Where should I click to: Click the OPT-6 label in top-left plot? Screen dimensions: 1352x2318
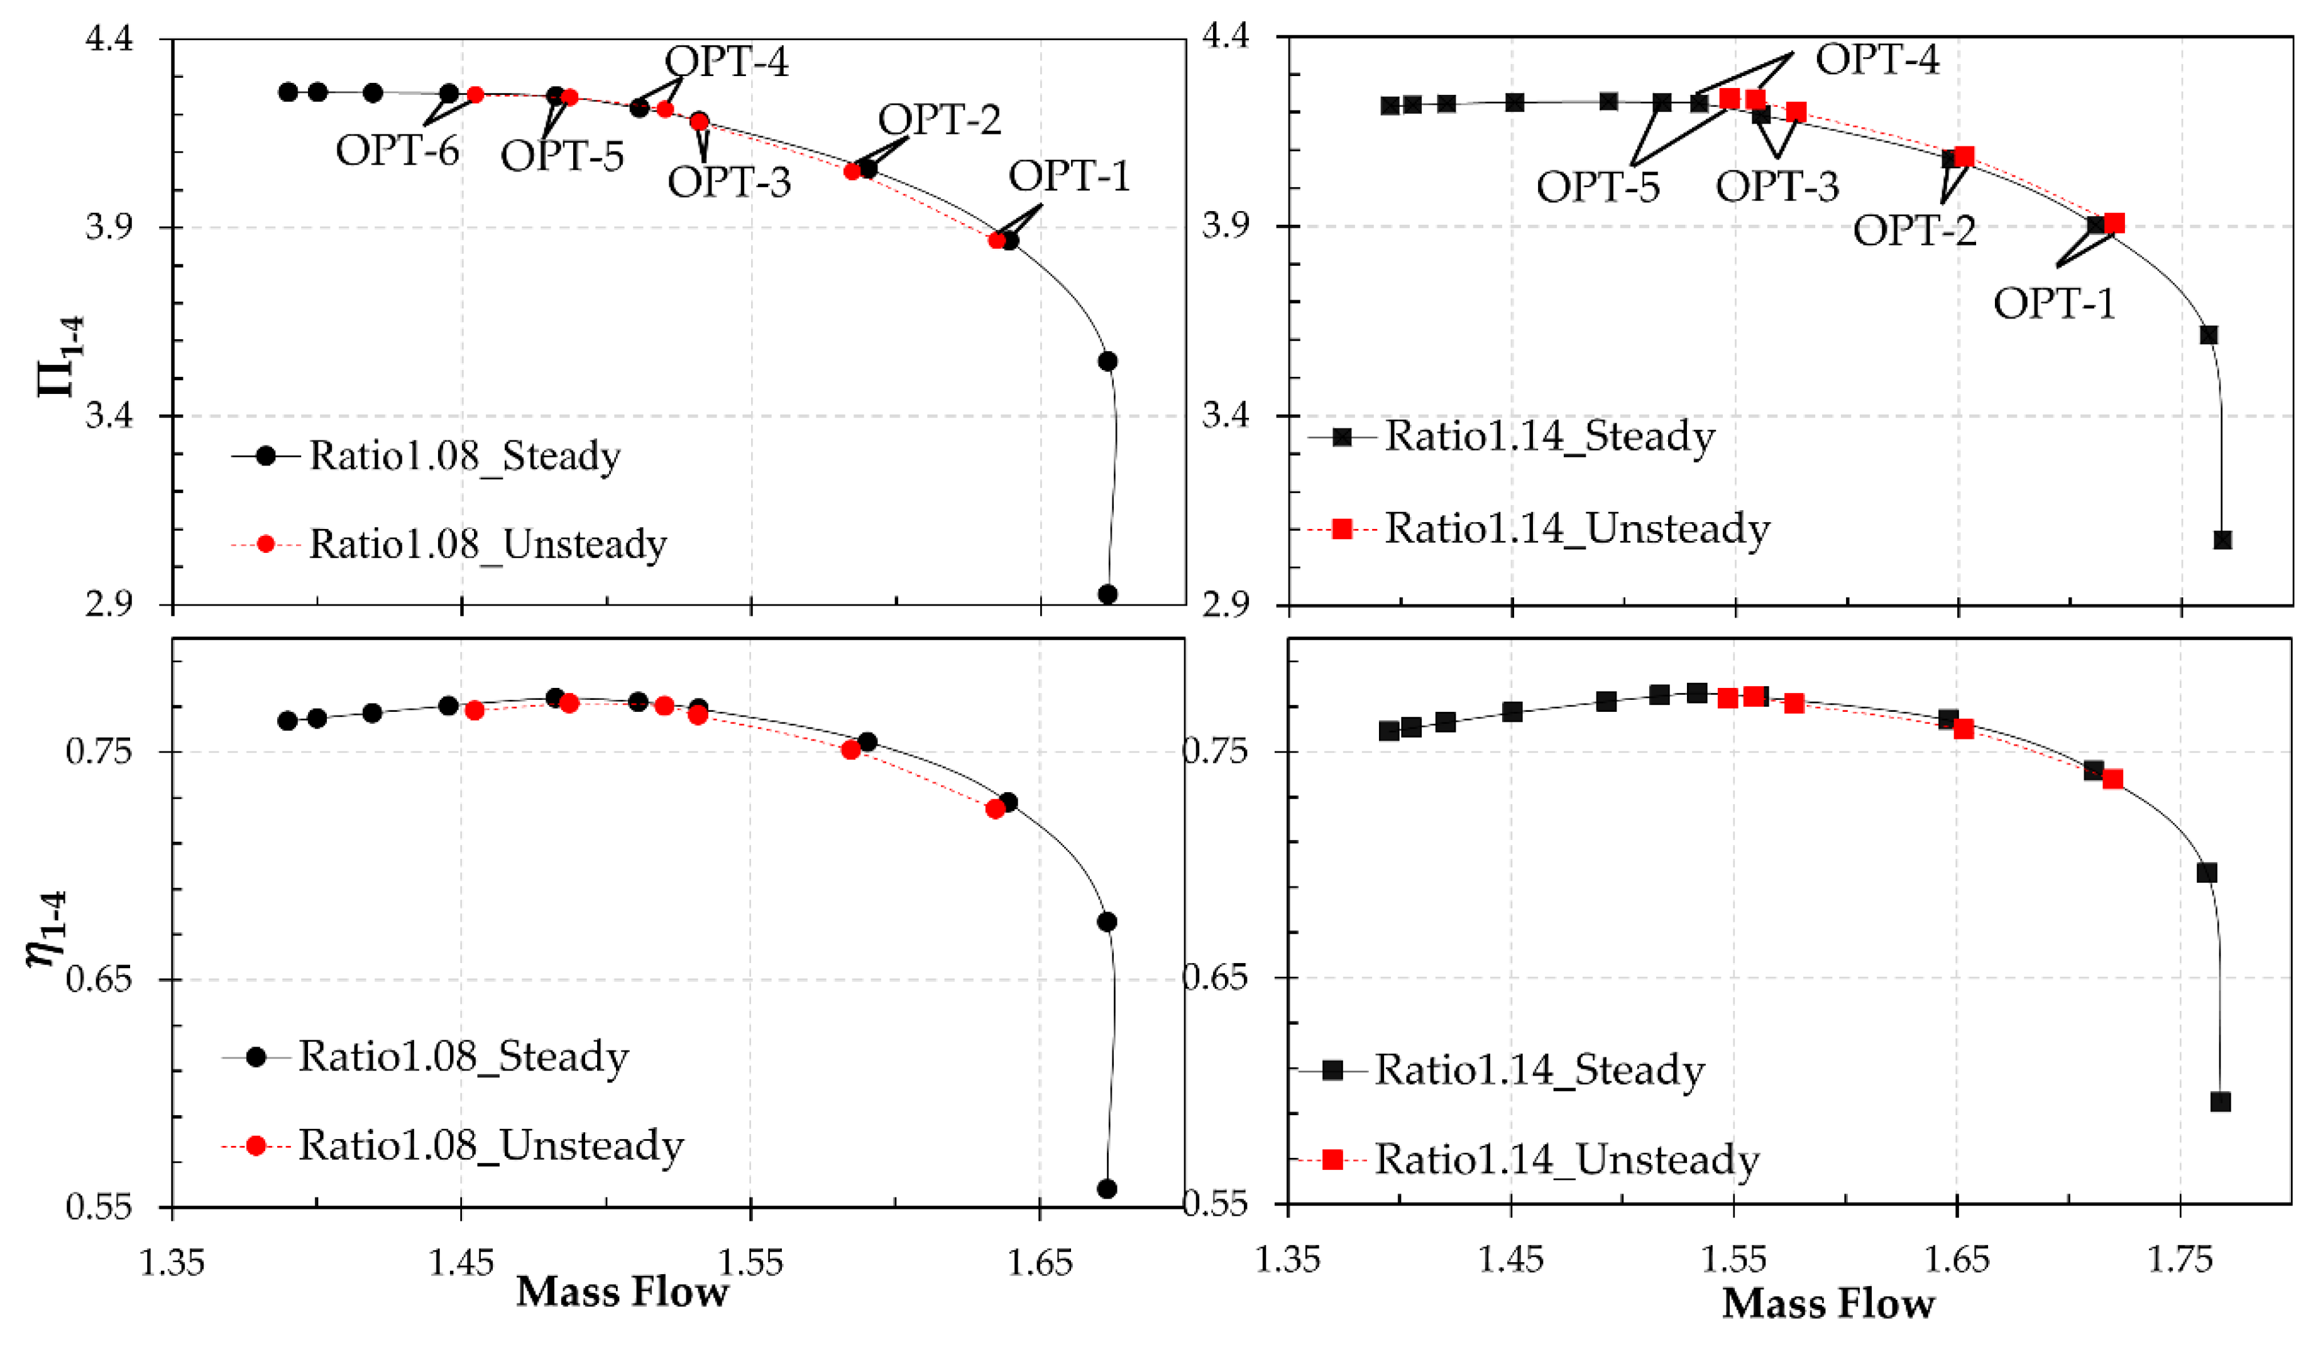(x=397, y=150)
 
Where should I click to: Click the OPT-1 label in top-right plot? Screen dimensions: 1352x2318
(x=2054, y=303)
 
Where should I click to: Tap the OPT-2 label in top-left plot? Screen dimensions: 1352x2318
(x=939, y=119)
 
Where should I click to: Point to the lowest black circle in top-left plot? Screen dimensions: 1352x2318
(x=1107, y=594)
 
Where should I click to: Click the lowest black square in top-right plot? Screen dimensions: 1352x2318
(x=2222, y=540)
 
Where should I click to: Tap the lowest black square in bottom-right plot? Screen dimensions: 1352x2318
(x=2221, y=1102)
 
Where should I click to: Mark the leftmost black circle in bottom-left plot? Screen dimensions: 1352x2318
(x=288, y=721)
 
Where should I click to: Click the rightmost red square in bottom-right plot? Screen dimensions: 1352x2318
(x=2113, y=779)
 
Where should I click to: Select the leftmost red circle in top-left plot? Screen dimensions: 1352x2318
(x=476, y=95)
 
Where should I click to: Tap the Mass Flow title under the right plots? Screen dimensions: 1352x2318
(x=1828, y=1304)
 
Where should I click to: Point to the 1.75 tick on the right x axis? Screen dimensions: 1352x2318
(x=2179, y=1259)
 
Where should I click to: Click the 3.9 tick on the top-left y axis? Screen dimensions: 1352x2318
(x=109, y=227)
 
